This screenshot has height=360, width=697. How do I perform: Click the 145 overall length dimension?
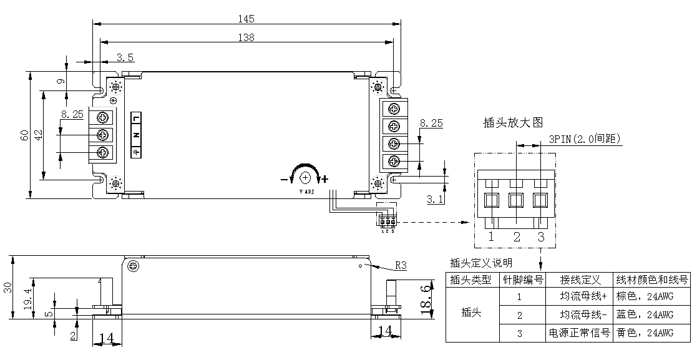pyautogui.click(x=245, y=19)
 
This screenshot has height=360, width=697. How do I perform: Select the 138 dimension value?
pyautogui.click(x=245, y=37)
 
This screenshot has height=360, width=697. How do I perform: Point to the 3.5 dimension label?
pyautogui.click(x=125, y=57)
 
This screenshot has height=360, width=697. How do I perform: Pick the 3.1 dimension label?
pyautogui.click(x=435, y=200)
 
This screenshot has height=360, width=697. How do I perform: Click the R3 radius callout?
pyautogui.click(x=401, y=265)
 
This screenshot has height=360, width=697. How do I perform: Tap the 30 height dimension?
pyautogui.click(x=7, y=287)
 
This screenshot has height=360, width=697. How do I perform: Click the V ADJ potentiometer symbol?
pyautogui.click(x=305, y=178)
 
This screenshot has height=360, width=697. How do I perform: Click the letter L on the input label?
pyautogui.click(x=137, y=118)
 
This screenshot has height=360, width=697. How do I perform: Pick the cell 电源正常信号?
pyautogui.click(x=578, y=333)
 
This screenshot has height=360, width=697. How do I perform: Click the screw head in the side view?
pyautogui.click(x=132, y=267)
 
